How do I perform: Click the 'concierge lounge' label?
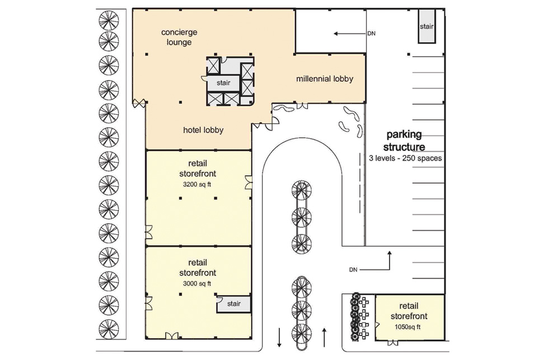click(179, 37)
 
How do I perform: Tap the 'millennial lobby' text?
click(325, 78)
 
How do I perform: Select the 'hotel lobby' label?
click(203, 130)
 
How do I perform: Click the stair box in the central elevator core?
click(223, 83)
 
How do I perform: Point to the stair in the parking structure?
click(427, 26)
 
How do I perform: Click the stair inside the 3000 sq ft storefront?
click(234, 304)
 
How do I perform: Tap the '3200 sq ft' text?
click(196, 184)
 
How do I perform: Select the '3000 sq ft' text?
click(196, 283)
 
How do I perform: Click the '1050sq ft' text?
click(408, 327)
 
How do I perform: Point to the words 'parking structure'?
click(404, 141)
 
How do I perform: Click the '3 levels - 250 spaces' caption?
click(405, 158)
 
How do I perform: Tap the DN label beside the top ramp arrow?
click(371, 34)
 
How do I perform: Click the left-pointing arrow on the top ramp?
click(349, 34)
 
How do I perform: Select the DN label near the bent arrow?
click(353, 269)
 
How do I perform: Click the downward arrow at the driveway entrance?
click(279, 338)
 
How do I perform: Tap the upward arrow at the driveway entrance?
click(325, 337)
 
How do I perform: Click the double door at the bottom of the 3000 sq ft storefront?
click(171, 335)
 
